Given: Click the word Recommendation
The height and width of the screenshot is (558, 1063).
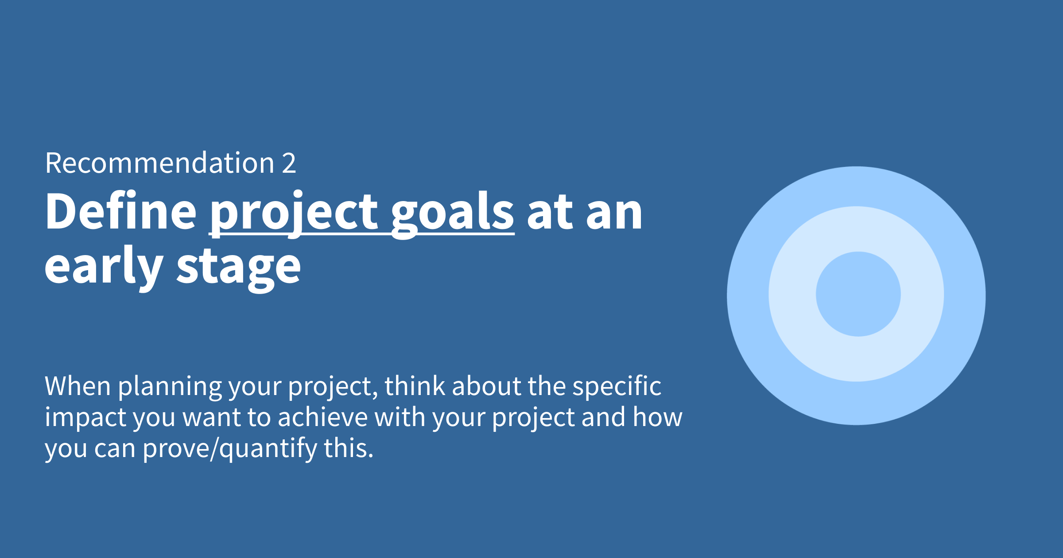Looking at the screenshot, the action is pyautogui.click(x=160, y=163).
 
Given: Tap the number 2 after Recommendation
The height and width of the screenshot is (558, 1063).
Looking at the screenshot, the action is pyautogui.click(x=289, y=163).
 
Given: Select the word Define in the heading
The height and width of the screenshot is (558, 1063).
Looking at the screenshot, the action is pyautogui.click(x=120, y=211).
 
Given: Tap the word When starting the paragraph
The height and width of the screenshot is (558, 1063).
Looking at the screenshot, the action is pyautogui.click(x=78, y=386).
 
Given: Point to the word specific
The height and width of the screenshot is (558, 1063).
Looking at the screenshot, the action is pyautogui.click(x=617, y=387).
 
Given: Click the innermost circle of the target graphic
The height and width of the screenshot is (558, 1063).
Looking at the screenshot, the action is pyautogui.click(x=858, y=294).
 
